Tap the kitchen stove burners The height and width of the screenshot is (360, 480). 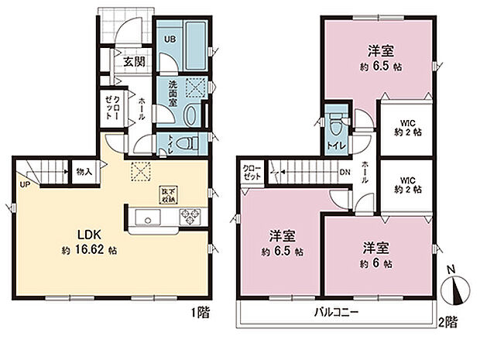pos(189,217)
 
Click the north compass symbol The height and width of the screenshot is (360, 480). pos(454,291)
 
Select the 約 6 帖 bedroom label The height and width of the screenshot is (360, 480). pos(379,262)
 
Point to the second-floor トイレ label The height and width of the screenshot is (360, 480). pos(336,144)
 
